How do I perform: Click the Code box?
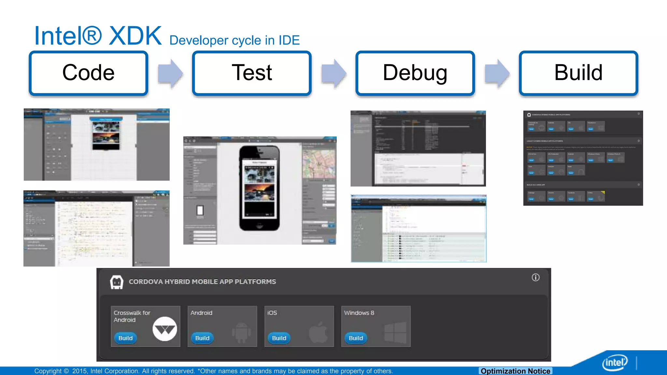tap(88, 73)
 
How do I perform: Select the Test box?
tap(252, 73)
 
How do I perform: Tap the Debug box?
tap(415, 73)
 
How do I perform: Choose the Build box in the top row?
tap(578, 73)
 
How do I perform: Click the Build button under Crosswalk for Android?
tap(125, 338)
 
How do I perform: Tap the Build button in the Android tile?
tap(202, 338)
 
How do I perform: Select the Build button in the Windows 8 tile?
tap(356, 338)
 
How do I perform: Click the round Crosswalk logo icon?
tap(165, 329)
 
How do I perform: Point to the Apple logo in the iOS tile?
tap(318, 332)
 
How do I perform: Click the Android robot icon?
tap(241, 332)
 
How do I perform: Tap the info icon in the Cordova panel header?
tap(535, 277)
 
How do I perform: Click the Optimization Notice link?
tap(515, 371)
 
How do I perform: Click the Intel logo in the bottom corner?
tap(615, 362)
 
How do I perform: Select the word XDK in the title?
tap(135, 36)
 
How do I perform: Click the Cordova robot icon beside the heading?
tap(117, 282)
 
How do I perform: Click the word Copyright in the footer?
tap(48, 371)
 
